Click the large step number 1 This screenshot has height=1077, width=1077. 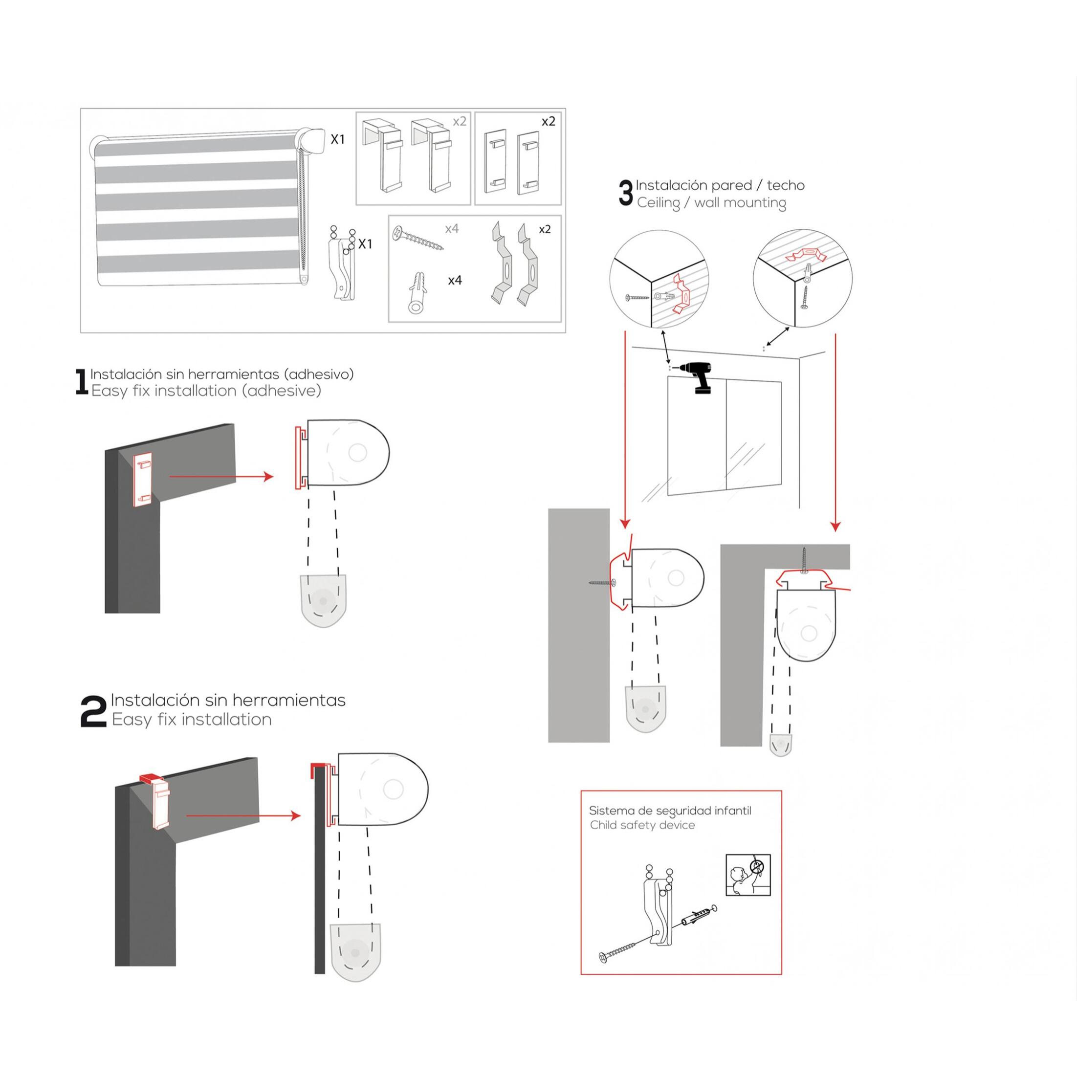click(x=81, y=382)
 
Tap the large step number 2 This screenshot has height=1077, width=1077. click(x=93, y=711)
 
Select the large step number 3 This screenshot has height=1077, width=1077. click(x=626, y=193)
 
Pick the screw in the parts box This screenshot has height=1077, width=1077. click(x=418, y=239)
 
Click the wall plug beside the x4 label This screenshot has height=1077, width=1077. click(x=418, y=293)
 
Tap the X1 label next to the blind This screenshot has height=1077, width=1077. click(x=338, y=139)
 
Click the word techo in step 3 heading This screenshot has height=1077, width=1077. click(x=786, y=185)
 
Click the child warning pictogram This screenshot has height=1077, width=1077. click(x=748, y=875)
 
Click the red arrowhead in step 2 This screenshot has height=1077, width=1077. click(x=296, y=816)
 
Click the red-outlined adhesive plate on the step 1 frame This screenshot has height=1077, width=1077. click(x=143, y=480)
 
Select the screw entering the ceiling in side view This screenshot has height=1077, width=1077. click(x=804, y=561)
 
